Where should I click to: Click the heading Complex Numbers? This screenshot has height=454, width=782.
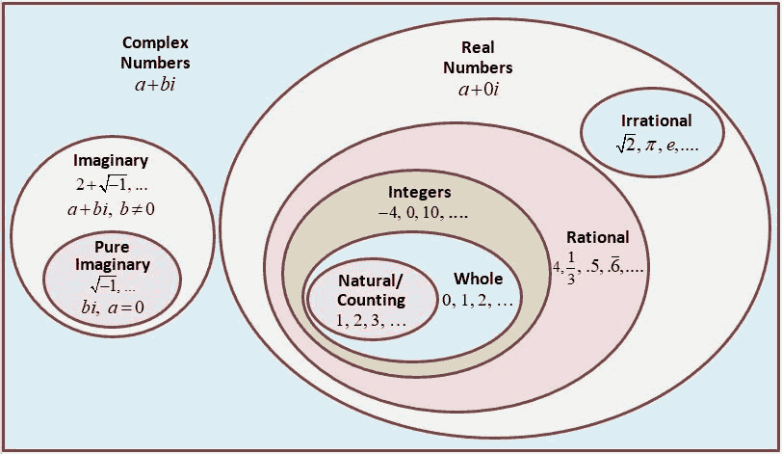tap(155, 53)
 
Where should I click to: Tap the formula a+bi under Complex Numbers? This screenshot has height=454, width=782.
tap(155, 85)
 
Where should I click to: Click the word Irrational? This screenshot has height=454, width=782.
tap(657, 120)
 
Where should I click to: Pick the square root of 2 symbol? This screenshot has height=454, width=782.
tap(628, 144)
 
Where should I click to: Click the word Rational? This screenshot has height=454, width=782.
tap(597, 237)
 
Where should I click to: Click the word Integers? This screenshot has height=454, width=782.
tap(419, 190)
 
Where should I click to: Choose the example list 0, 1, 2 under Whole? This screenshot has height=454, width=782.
tap(477, 301)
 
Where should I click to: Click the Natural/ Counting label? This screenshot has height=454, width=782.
tap(371, 290)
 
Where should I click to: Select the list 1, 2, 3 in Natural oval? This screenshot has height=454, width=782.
tap(371, 322)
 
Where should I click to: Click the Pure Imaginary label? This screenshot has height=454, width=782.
tap(115, 254)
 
